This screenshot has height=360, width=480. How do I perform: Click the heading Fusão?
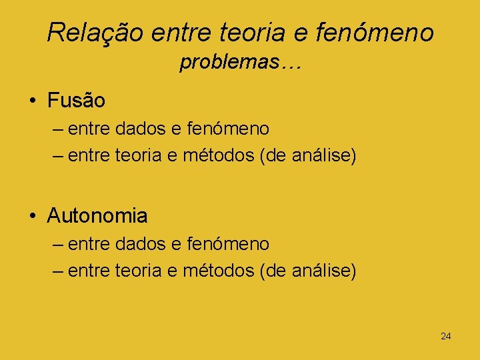pyautogui.click(x=76, y=101)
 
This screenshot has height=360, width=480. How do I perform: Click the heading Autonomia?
pyautogui.click(x=97, y=215)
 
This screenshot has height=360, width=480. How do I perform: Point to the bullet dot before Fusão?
pyautogui.click(x=33, y=101)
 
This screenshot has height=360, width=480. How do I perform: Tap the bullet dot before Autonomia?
pyautogui.click(x=33, y=216)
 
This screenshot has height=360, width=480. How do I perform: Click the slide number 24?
pyautogui.click(x=445, y=336)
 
